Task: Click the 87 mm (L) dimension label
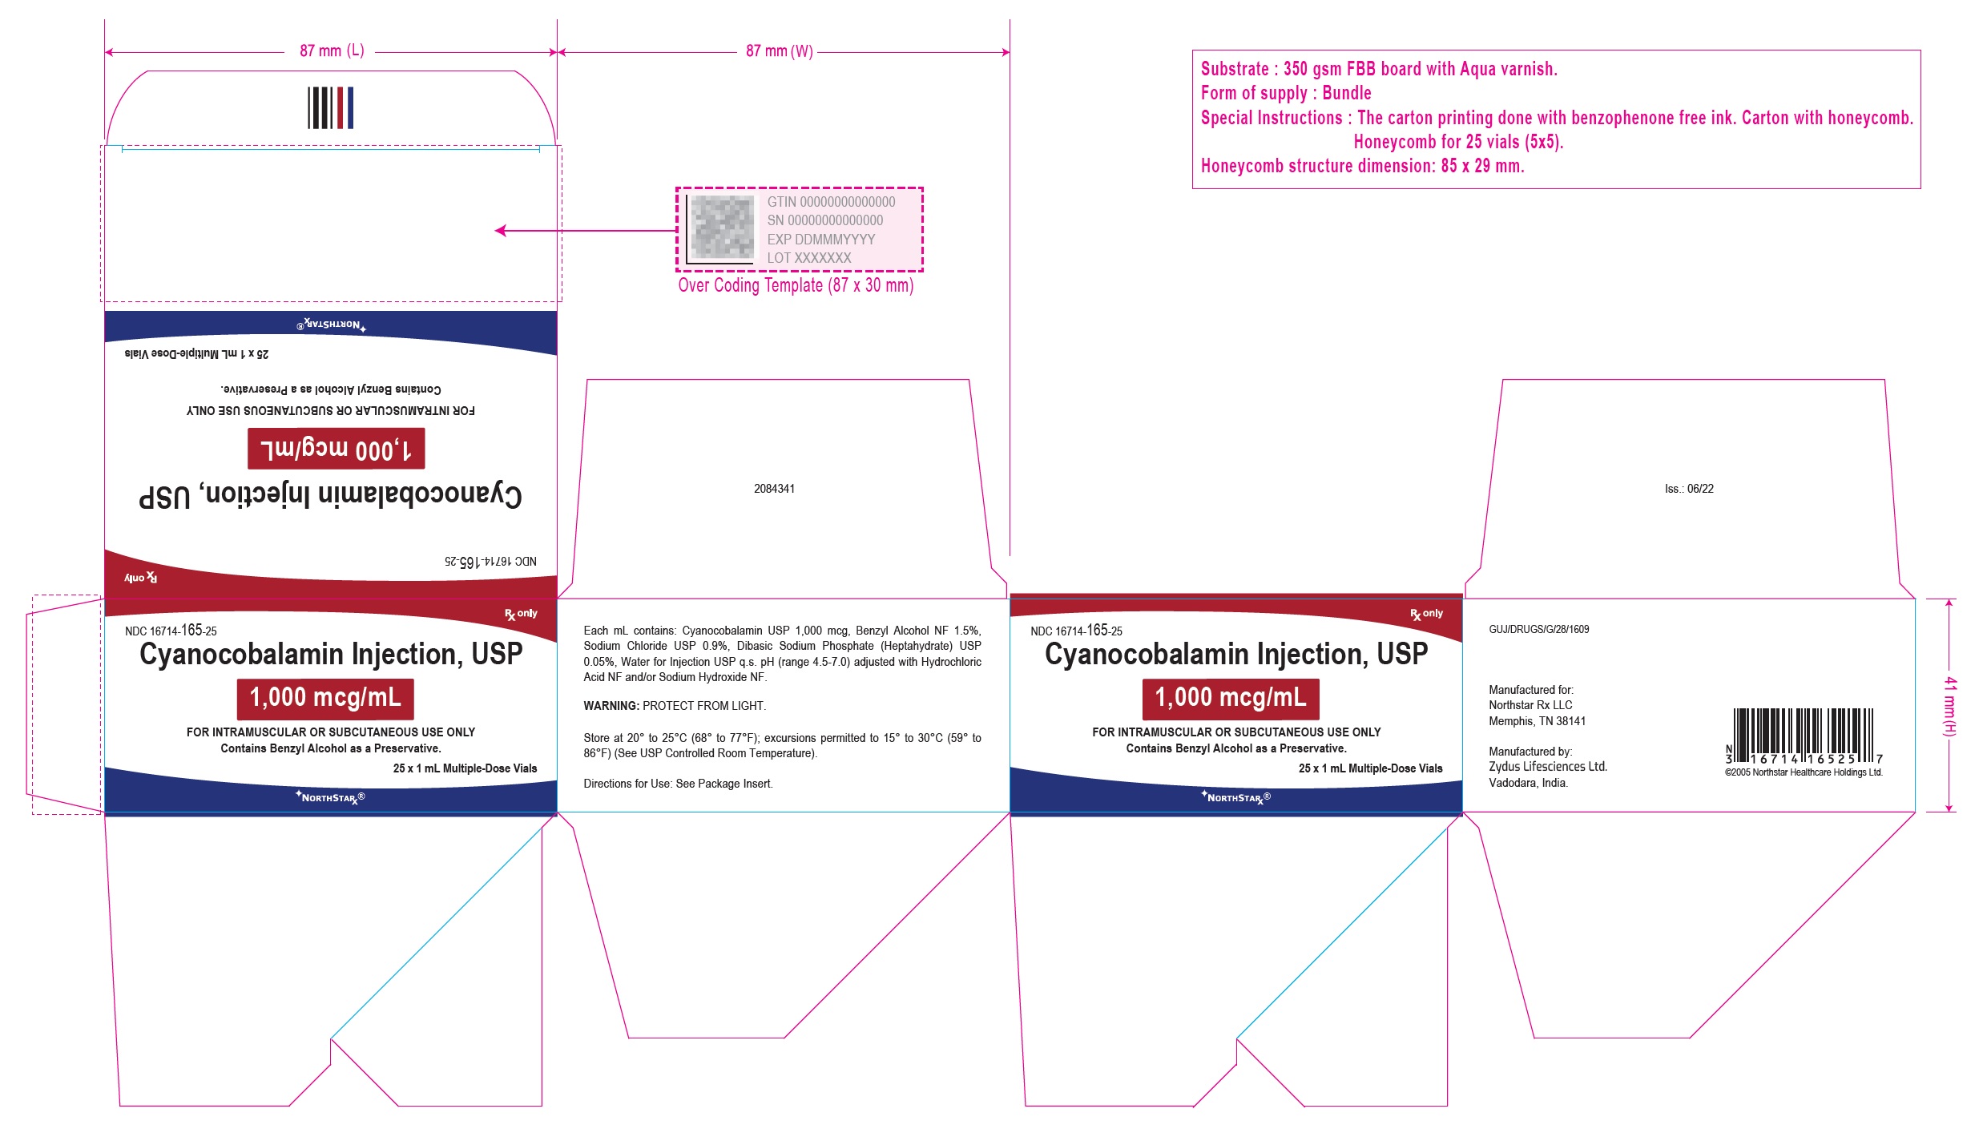[x=332, y=51]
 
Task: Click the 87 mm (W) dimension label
[x=779, y=51]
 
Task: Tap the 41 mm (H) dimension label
[x=1949, y=706]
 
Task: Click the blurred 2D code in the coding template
[x=722, y=227]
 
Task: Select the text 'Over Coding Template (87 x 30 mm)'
[x=796, y=286]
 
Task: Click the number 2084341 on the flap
[x=774, y=489]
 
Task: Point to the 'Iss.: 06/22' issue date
[x=1689, y=489]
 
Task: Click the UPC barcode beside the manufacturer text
[x=1804, y=736]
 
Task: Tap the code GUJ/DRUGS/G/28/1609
[x=1538, y=629]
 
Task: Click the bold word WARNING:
[x=611, y=706]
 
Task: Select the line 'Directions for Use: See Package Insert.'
[x=678, y=784]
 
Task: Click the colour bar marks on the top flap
[x=331, y=107]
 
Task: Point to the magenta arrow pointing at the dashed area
[x=586, y=231]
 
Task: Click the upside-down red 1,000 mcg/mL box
[x=336, y=449]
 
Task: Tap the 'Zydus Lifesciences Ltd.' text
[x=1548, y=767]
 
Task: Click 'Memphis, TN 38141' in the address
[x=1537, y=721]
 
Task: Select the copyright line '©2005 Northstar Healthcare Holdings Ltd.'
[x=1804, y=772]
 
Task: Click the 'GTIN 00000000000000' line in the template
[x=831, y=202]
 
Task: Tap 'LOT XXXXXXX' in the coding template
[x=809, y=258]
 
